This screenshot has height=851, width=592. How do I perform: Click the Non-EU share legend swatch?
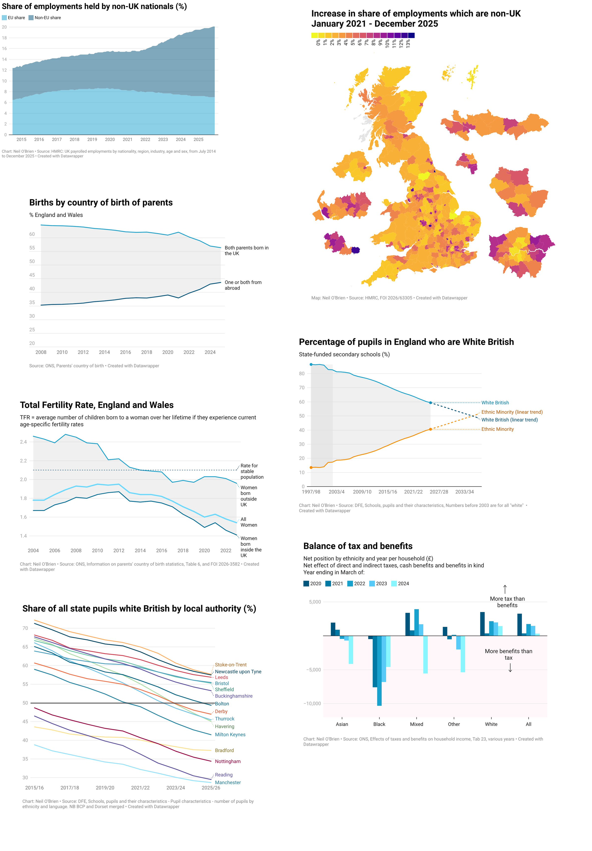tap(31, 17)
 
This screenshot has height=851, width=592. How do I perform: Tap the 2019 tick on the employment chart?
tap(92, 139)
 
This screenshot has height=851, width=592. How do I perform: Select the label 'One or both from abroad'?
tap(243, 285)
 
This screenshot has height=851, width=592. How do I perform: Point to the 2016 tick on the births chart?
tap(125, 352)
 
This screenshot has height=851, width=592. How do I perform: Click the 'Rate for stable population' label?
tap(252, 471)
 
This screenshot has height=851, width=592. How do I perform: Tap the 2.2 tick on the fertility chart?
tap(23, 461)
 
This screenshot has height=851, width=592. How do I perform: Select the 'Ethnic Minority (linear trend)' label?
tap(512, 412)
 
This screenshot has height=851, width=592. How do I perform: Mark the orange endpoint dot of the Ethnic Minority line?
tap(430, 429)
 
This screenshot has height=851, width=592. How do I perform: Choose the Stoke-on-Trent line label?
tap(231, 664)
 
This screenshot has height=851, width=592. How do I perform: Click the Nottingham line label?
tap(228, 761)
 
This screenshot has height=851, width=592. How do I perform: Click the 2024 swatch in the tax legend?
tap(394, 583)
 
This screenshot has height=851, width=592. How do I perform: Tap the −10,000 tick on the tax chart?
tap(312, 704)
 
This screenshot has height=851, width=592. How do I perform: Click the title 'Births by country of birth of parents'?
tap(101, 202)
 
